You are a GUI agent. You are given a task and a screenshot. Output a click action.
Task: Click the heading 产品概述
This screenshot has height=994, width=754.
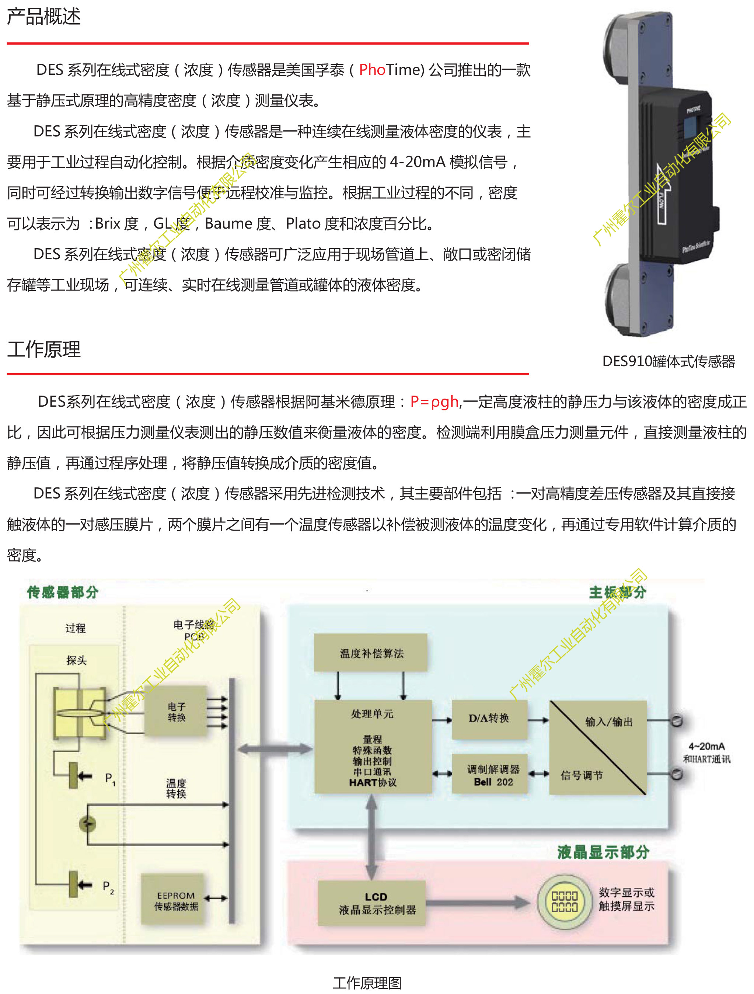coord(43,17)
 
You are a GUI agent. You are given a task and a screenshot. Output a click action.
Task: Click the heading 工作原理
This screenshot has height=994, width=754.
coord(43,349)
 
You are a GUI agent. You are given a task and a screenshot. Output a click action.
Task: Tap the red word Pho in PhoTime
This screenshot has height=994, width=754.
coord(372,70)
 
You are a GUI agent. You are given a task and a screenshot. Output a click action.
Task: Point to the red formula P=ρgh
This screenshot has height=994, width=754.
coord(434,401)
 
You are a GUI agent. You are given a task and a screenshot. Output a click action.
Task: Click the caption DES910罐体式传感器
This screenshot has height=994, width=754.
coord(668,361)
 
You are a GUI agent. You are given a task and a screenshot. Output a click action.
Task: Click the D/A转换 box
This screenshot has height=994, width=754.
coord(489,719)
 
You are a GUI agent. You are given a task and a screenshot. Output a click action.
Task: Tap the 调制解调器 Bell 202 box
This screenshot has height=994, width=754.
coord(493,775)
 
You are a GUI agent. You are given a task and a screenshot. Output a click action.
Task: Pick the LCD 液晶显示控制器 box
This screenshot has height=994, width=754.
coord(372,903)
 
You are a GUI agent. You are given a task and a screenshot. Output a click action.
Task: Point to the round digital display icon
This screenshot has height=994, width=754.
coord(564,901)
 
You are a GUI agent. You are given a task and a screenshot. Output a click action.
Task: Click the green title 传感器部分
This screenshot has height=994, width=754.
coord(62,592)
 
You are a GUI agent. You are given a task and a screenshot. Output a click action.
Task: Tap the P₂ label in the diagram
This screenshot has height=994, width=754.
coord(108,886)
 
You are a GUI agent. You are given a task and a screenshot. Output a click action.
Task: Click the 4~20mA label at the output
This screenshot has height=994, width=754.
coord(706,746)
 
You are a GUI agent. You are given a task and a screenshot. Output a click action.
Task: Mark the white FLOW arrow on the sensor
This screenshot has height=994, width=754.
coord(662,194)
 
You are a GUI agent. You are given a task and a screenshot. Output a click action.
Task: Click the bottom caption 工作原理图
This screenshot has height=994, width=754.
coord(367,983)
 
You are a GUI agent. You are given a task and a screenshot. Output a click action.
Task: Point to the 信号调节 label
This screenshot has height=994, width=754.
coord(582,775)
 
